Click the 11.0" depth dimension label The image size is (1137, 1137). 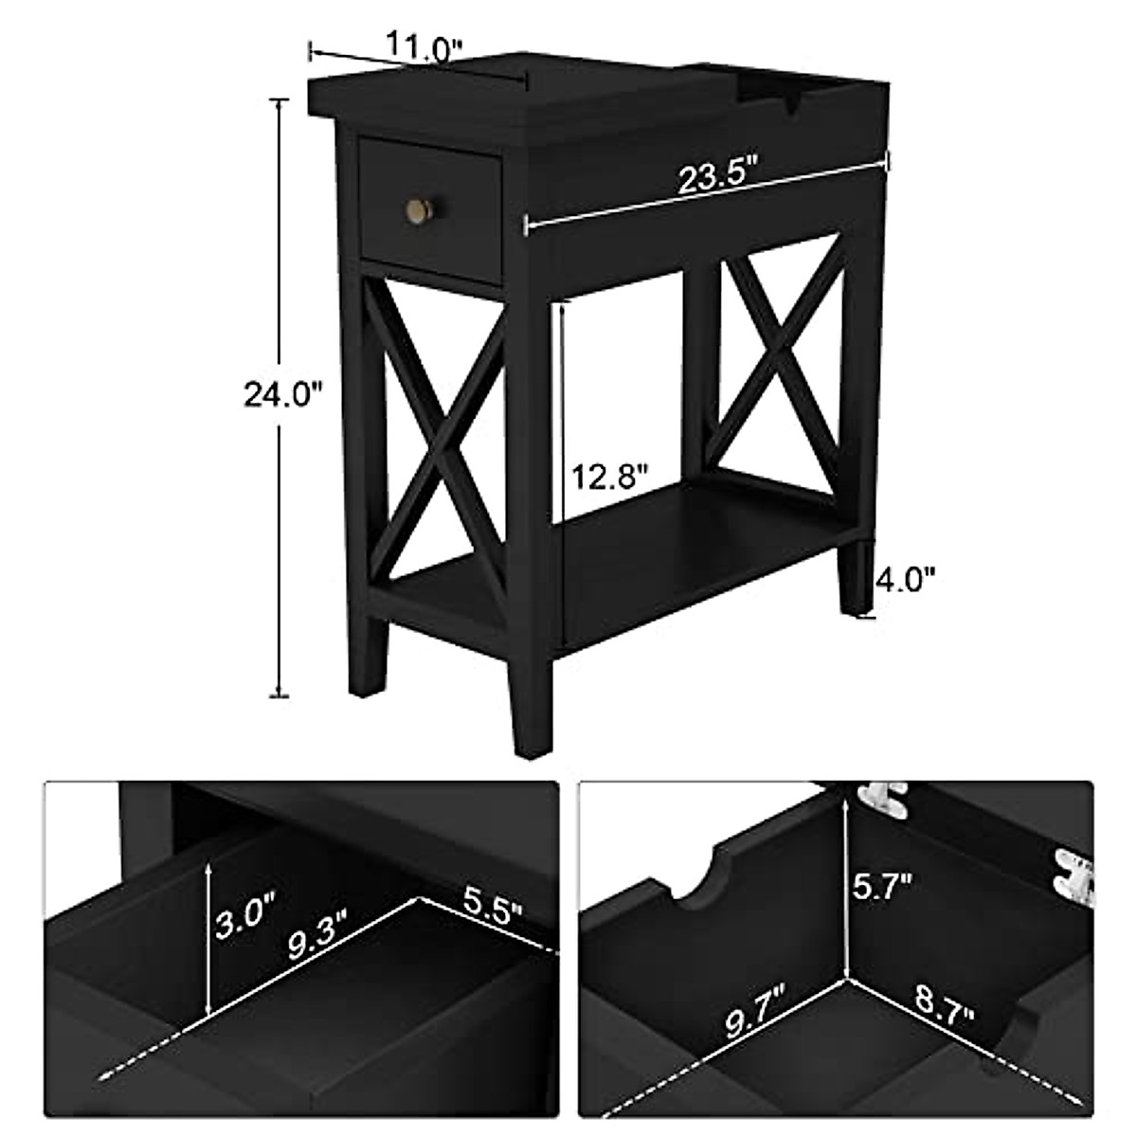click(x=424, y=45)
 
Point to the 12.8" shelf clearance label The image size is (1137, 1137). click(x=609, y=475)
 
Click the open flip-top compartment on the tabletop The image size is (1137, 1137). click(x=791, y=90)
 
